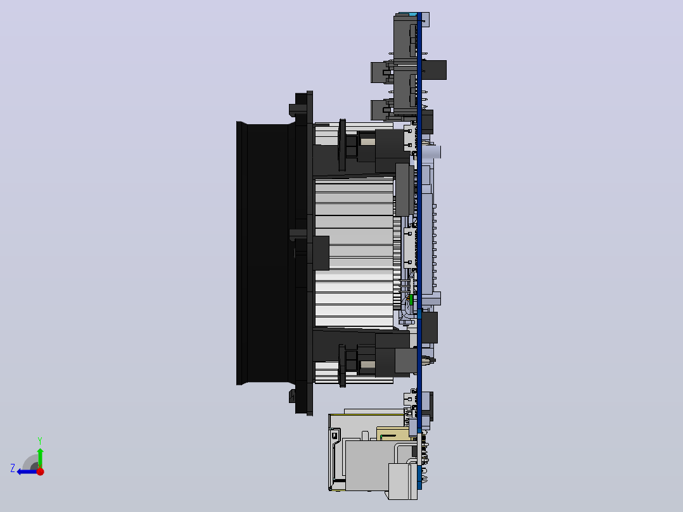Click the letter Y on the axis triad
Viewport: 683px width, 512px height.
(x=40, y=441)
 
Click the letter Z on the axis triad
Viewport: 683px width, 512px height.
(x=13, y=468)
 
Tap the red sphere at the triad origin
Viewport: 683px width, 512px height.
(x=40, y=471)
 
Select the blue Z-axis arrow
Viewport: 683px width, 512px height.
(x=27, y=472)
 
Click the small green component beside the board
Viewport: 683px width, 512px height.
(x=411, y=300)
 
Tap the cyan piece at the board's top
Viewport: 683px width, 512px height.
(x=412, y=14)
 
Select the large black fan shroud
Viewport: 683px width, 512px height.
(x=265, y=253)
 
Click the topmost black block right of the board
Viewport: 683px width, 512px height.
(x=434, y=70)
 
